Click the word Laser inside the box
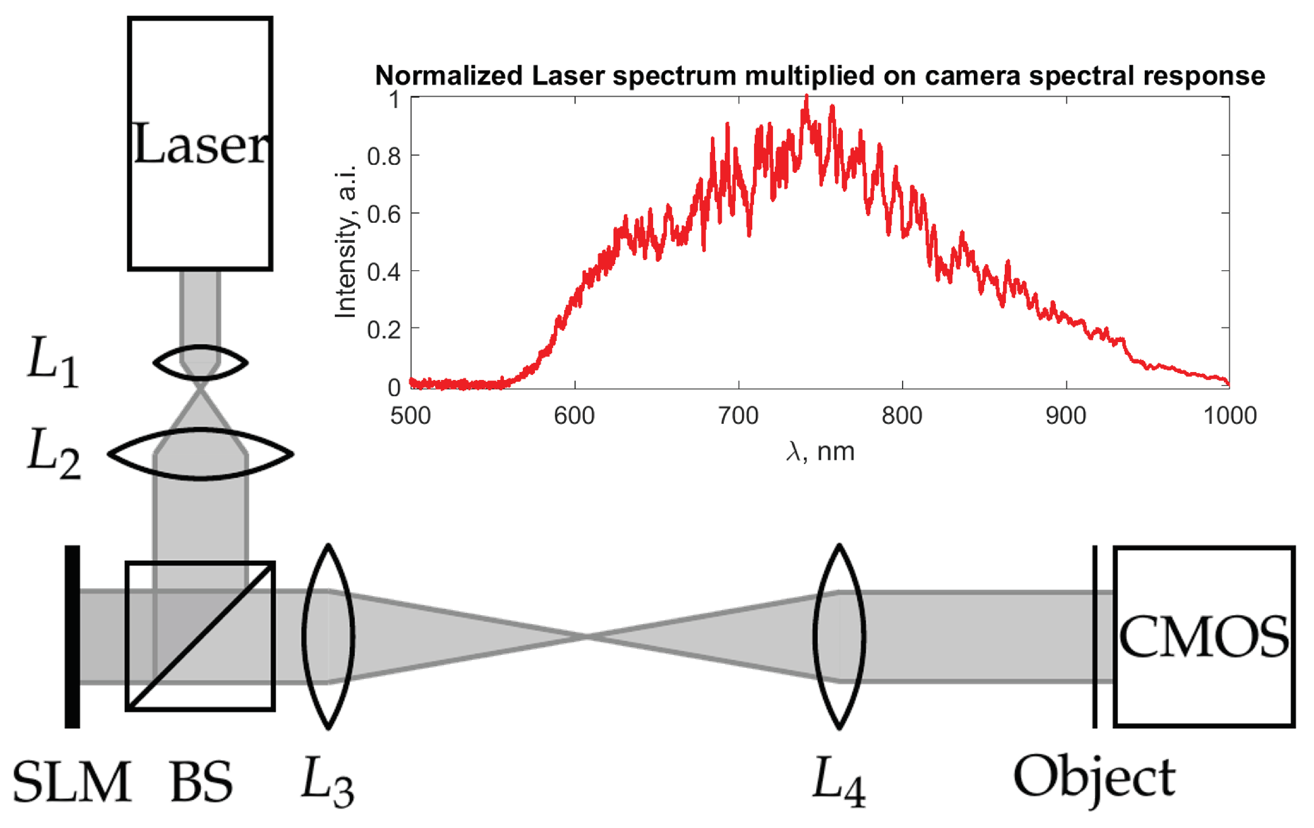pyautogui.click(x=200, y=144)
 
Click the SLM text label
pyautogui.click(x=72, y=782)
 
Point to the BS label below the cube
pyautogui.click(x=201, y=782)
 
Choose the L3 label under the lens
pyautogui.click(x=327, y=782)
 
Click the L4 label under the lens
pyautogui.click(x=839, y=782)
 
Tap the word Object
pyautogui.click(x=1094, y=779)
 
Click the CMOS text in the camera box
pyautogui.click(x=1203, y=637)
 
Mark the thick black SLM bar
pyautogui.click(x=72, y=636)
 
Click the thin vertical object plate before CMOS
pyautogui.click(x=1095, y=636)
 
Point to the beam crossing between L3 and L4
pyautogui.click(x=585, y=637)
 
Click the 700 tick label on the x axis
pyautogui.click(x=738, y=416)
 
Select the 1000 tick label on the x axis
pyautogui.click(x=1229, y=416)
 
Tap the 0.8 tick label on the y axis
pyautogui.click(x=384, y=156)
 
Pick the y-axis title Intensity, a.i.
pyautogui.click(x=346, y=240)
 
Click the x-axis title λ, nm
pyautogui.click(x=820, y=452)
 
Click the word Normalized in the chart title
pyautogui.click(x=449, y=76)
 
